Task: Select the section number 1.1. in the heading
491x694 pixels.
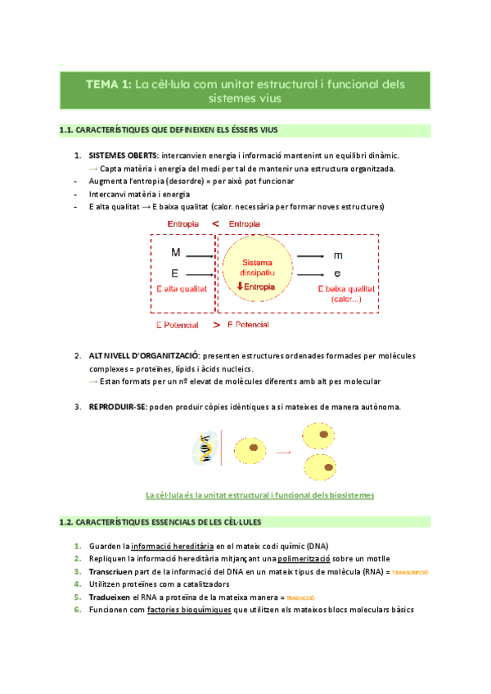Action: click(69, 131)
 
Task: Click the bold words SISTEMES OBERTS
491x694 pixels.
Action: click(124, 155)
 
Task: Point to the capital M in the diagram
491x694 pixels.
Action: click(175, 254)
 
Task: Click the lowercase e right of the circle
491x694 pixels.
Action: click(337, 273)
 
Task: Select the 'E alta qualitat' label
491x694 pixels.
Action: click(182, 288)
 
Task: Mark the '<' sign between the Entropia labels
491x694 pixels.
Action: click(214, 224)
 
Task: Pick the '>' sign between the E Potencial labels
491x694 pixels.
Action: click(216, 325)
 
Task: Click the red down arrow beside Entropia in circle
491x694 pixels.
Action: click(240, 286)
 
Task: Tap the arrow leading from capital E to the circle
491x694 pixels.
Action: click(201, 273)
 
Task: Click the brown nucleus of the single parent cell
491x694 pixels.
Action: click(255, 448)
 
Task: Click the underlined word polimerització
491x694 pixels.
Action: click(299, 558)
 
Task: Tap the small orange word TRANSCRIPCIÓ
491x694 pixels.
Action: click(410, 572)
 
